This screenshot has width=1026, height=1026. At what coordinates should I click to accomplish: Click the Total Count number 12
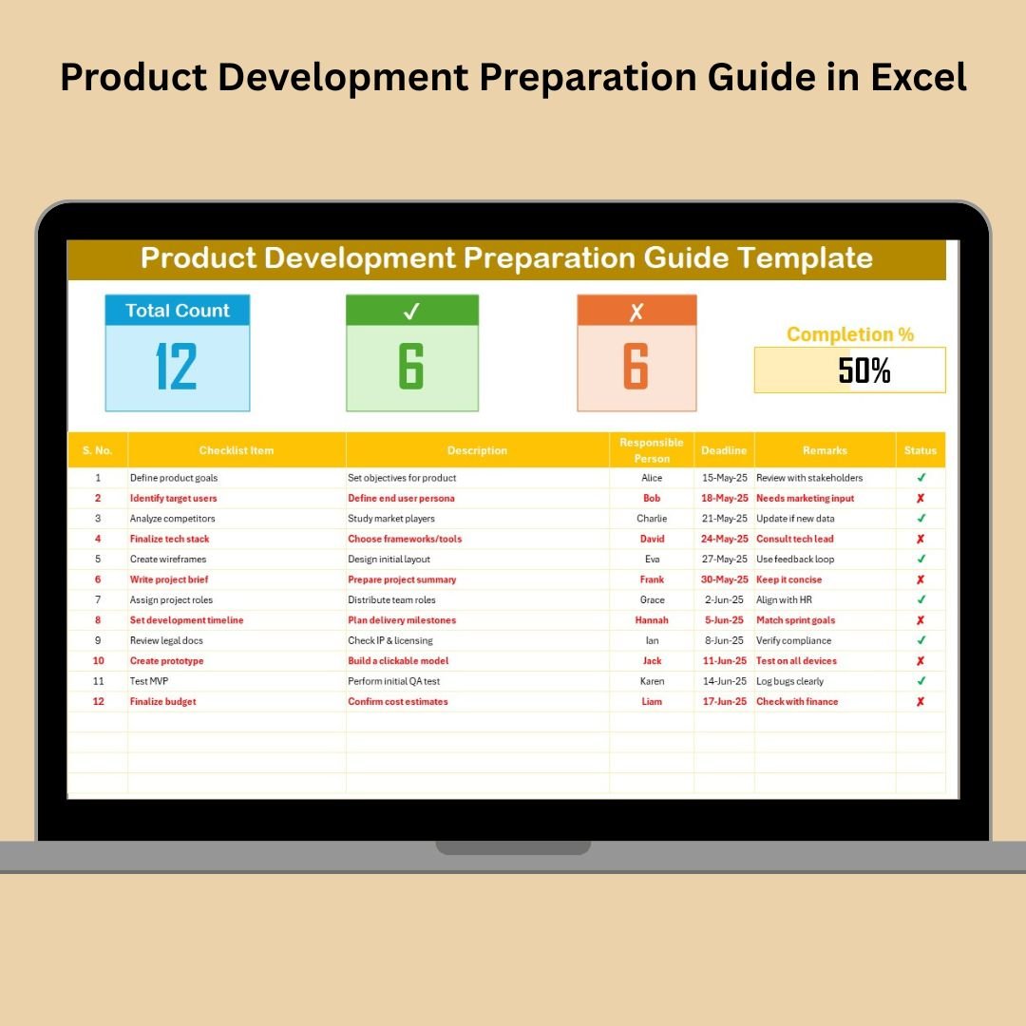point(177,367)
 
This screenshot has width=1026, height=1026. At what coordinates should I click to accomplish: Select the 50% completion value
point(864,370)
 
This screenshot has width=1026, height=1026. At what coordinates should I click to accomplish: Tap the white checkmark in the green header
point(411,311)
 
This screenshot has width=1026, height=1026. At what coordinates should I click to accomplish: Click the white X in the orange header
point(636,312)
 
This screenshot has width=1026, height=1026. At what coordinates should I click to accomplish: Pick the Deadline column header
point(724,450)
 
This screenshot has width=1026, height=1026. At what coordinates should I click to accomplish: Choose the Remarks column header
point(825,450)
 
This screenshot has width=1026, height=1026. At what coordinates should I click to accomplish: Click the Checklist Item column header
point(237,450)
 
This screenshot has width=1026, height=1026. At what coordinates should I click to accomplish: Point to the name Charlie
point(652,519)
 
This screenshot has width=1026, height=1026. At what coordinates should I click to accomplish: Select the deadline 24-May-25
point(724,539)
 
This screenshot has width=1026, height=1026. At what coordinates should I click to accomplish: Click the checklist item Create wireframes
point(168,559)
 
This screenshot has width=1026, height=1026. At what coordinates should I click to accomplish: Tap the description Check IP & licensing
point(390,640)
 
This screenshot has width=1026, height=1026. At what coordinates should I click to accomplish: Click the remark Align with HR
point(784,599)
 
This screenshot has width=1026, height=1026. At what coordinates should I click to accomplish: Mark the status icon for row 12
point(920,701)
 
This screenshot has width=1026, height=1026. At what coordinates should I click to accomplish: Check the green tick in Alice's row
point(921,478)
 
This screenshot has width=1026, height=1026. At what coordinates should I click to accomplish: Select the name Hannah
point(652,619)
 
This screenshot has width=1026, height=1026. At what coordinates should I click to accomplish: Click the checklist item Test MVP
point(149,680)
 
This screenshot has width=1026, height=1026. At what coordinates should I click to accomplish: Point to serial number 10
point(98,660)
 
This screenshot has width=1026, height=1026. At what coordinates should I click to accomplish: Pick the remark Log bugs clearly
point(789,681)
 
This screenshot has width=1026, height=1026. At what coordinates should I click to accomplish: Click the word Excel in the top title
point(919,77)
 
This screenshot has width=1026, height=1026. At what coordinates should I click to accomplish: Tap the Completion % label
point(850,334)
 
